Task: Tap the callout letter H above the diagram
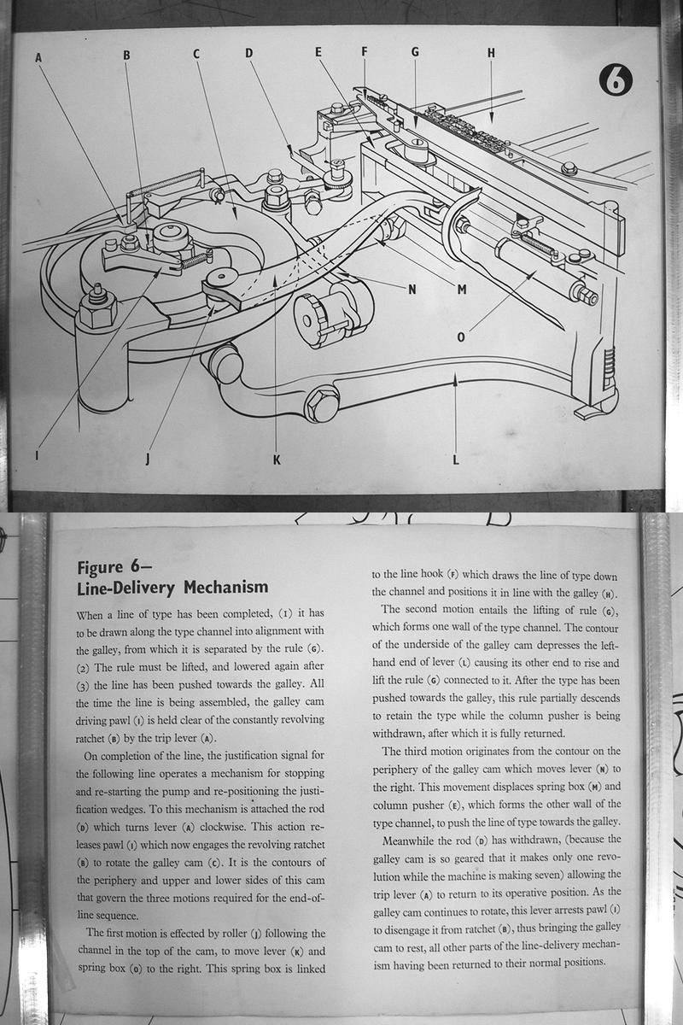coord(491,52)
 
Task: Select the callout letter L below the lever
coord(456,460)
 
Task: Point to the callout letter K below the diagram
coord(276,460)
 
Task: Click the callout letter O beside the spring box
coord(461,337)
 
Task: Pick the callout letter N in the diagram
coord(412,289)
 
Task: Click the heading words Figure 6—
coord(114,567)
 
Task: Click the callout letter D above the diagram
coord(249,53)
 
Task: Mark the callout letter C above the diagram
coord(196,54)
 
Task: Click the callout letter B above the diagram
coord(126,56)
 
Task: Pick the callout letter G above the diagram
coord(415,52)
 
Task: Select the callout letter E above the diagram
coord(318,52)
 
